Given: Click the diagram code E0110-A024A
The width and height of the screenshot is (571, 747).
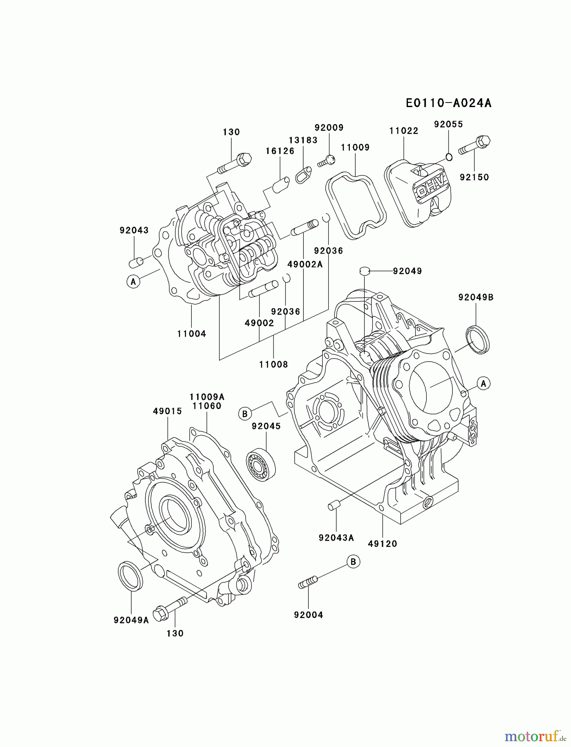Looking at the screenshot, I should point(449,103).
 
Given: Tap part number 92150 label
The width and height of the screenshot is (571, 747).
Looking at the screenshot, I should point(474,177).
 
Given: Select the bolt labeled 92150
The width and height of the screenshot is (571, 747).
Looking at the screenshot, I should point(475,145).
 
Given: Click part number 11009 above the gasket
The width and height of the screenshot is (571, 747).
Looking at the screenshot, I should point(355,147).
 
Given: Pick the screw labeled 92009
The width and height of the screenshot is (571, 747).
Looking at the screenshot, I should point(327,161).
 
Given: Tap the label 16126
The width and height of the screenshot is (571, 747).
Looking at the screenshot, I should point(280,151).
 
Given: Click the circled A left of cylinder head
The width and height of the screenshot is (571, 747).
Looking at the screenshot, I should point(133,282).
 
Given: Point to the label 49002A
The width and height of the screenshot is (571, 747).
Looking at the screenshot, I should point(305,264).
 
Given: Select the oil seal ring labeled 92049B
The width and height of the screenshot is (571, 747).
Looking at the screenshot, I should point(478,340).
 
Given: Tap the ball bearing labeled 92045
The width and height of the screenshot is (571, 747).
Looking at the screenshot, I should point(261,465).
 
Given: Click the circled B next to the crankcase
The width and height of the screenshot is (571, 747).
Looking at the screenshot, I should point(245,414).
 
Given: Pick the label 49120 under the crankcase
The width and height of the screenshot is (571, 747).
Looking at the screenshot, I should point(382,544).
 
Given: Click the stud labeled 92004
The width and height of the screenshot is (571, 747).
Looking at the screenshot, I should point(308,582).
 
